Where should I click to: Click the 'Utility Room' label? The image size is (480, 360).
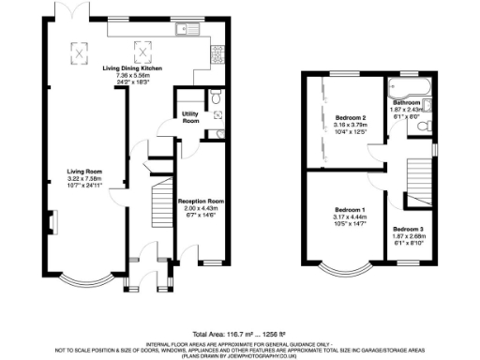(x=190, y=118)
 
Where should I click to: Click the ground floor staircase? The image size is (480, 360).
(x=160, y=202)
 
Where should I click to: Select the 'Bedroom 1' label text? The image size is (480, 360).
(x=350, y=211)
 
